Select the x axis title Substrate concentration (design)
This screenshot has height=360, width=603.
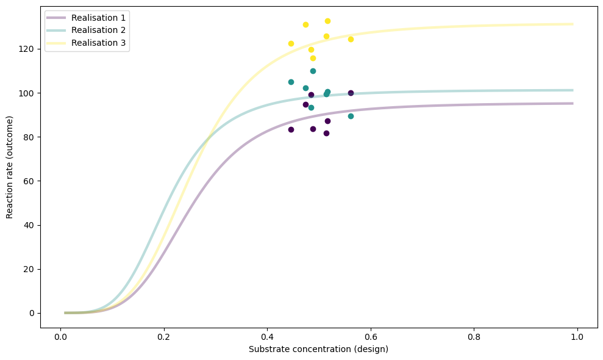point(318,350)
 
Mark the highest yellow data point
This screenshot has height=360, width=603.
point(327,21)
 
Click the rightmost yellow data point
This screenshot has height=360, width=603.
point(351,39)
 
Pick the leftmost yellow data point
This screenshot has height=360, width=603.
point(291,43)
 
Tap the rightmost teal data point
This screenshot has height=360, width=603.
point(351,116)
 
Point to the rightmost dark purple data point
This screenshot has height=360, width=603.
point(351,93)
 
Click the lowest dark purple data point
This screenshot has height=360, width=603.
point(326,133)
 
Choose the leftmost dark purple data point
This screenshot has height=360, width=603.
point(291,129)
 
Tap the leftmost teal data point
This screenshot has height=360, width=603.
point(291,82)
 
